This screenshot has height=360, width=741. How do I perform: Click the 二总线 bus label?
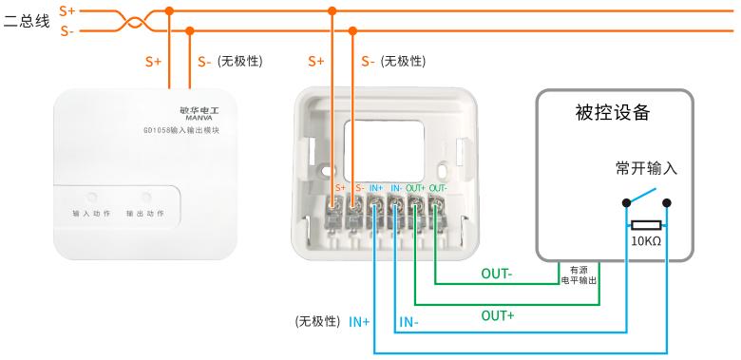click(27, 21)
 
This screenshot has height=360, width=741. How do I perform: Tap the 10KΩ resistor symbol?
click(646, 226)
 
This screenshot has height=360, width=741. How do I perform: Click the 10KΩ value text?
click(646, 241)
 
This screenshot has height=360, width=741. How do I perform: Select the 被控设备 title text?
click(613, 113)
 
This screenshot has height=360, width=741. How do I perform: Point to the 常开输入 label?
click(646, 168)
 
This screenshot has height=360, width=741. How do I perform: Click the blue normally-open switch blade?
click(641, 196)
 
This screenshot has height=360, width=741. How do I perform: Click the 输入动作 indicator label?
click(91, 214)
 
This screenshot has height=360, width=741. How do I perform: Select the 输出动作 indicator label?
click(145, 214)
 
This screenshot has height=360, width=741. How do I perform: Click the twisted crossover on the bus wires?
click(135, 21)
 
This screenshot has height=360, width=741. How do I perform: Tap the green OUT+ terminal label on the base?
click(415, 188)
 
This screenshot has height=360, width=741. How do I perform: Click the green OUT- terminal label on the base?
click(438, 188)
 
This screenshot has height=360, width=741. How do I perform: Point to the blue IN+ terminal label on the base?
click(376, 188)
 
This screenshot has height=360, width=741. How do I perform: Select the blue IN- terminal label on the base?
click(395, 188)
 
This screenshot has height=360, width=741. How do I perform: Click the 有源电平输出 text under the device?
click(579, 275)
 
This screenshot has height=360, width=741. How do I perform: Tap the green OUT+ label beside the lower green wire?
click(497, 315)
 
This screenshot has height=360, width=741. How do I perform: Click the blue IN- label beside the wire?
click(408, 322)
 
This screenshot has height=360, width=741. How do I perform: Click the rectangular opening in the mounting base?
click(383, 151)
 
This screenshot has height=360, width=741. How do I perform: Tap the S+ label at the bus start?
click(67, 9)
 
